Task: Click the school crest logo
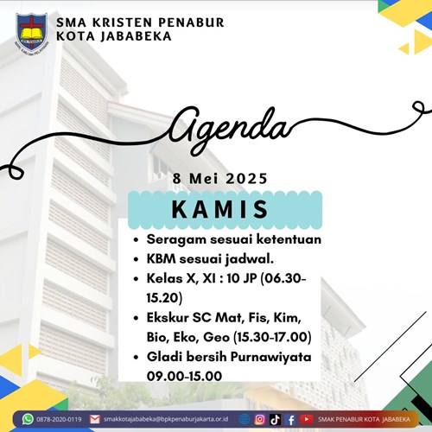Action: pyautogui.click(x=32, y=34)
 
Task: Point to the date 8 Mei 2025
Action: pyautogui.click(x=219, y=179)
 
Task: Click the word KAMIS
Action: pyautogui.click(x=219, y=209)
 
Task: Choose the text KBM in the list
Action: pyautogui.click(x=162, y=259)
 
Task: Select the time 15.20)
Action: pyautogui.click(x=164, y=298)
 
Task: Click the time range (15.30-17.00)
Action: pyautogui.click(x=272, y=337)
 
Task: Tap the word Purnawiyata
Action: pyautogui.click(x=271, y=358)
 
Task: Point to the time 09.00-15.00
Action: pyautogui.click(x=184, y=376)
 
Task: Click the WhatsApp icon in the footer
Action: pyautogui.click(x=28, y=419)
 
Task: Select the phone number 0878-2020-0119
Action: pyautogui.click(x=59, y=419)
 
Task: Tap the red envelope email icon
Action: pyautogui.click(x=94, y=419)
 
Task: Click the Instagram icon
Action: pyautogui.click(x=260, y=420)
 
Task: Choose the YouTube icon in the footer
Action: pyautogui.click(x=307, y=419)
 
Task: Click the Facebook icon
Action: pyautogui.click(x=291, y=420)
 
